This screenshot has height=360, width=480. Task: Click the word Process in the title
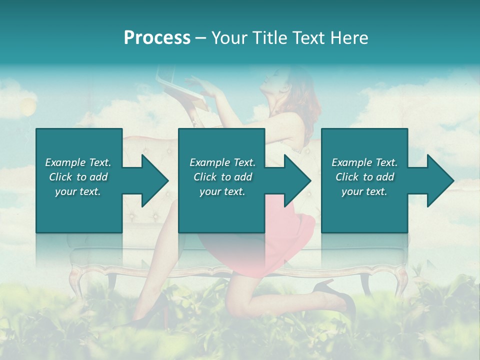tap(157, 38)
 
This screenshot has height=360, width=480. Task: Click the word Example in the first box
tap(65, 162)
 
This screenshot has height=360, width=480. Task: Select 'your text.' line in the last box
tap(364, 191)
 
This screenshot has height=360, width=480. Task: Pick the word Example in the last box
tap(351, 162)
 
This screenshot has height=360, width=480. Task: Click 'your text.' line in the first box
tap(78, 191)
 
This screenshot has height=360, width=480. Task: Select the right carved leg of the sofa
tap(400, 280)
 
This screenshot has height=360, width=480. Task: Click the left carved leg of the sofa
tap(75, 280)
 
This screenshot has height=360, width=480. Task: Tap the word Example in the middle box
tap(209, 162)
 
